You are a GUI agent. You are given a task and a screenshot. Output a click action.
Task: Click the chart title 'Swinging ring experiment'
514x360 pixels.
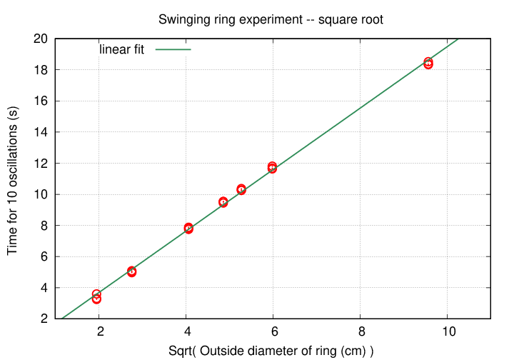(x=271, y=20)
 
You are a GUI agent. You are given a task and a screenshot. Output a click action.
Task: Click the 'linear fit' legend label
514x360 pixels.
(x=121, y=50)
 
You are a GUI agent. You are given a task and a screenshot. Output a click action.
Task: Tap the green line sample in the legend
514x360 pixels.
(x=173, y=50)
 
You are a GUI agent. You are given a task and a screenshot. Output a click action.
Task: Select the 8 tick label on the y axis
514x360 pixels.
(x=42, y=226)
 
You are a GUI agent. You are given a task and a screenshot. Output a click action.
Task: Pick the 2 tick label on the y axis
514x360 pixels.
(x=42, y=319)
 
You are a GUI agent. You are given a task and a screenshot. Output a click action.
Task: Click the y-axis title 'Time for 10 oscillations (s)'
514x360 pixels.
(x=12, y=179)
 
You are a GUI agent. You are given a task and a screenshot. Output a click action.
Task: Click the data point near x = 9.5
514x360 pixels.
(x=428, y=64)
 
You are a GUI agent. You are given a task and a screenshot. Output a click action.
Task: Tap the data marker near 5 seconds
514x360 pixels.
(x=131, y=271)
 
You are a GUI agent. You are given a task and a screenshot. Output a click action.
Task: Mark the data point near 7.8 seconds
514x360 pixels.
(x=188, y=228)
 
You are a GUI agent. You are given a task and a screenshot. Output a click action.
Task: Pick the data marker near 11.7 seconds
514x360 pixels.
(x=272, y=167)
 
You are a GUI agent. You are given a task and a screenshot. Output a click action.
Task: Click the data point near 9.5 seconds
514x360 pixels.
(x=223, y=202)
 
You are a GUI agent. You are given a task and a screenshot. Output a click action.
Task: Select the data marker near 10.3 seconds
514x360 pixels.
(x=241, y=189)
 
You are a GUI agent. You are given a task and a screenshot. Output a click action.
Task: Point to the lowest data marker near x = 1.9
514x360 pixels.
(x=96, y=299)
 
